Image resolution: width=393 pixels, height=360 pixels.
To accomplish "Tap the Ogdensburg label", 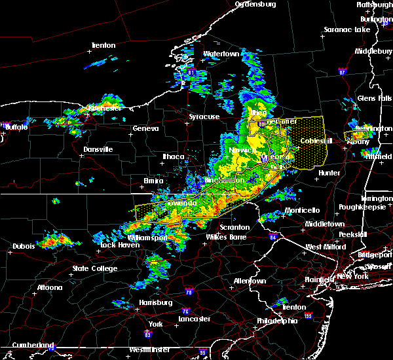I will point(256,5).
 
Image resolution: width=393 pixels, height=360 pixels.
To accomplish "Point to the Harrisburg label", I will point(158,302).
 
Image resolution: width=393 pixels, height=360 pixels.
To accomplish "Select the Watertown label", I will point(222,54).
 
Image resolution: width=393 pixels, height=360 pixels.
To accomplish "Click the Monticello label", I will point(302,210).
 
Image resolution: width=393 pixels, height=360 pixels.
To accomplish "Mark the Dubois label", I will point(24,246).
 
